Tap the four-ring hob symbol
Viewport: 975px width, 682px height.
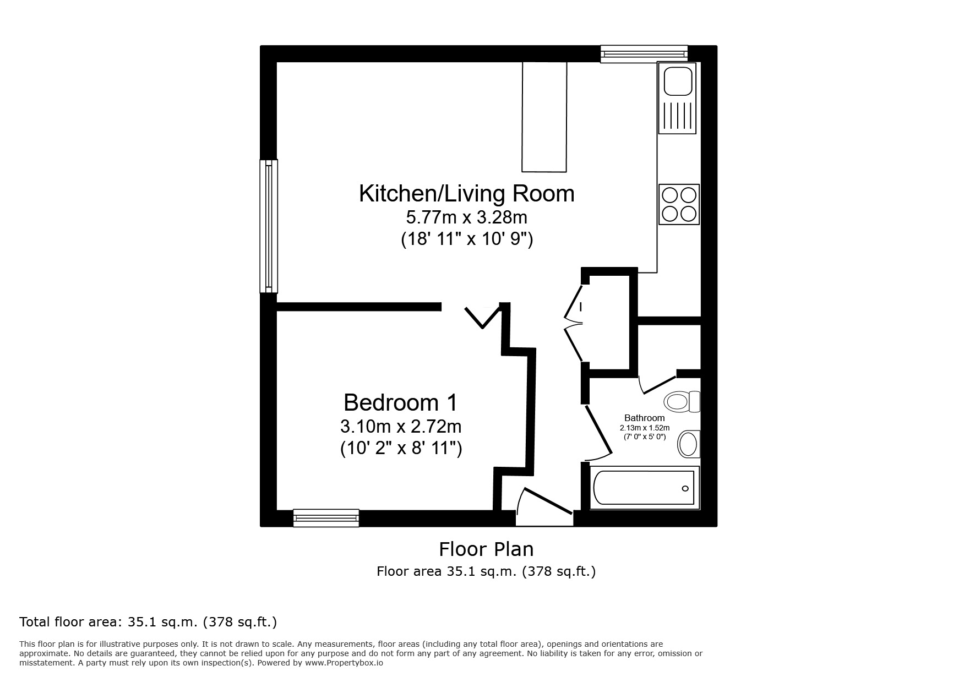coord(679,204)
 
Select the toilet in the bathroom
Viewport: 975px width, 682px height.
coord(681,401)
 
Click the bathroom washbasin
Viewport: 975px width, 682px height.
coord(688,444)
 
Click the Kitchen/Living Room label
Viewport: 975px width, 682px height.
coord(466,194)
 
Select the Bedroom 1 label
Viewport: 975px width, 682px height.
coord(400,402)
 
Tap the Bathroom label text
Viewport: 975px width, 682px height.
coord(644,418)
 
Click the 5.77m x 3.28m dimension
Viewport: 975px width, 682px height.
coord(466,217)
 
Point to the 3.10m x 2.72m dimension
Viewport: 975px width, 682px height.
coord(400,427)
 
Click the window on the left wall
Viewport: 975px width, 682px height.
coord(268,226)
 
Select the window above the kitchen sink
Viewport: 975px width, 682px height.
coord(644,53)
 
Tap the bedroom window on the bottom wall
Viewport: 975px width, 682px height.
coord(326,517)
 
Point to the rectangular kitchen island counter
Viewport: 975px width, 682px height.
coord(544,117)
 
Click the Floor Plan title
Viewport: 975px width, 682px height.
coord(486,549)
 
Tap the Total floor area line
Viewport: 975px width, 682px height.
coord(148,622)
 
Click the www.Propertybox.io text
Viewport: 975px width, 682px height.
coord(344,663)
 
